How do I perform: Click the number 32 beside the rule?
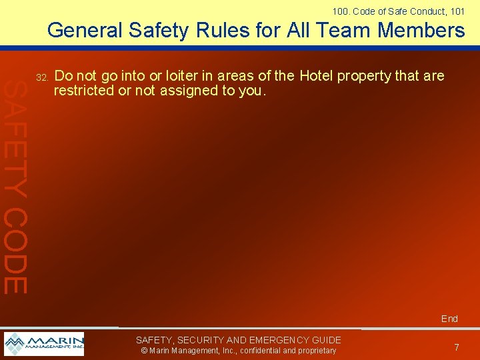point(42,78)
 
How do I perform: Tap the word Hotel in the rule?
point(317,76)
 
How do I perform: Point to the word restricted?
point(83,90)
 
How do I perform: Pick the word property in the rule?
point(365,77)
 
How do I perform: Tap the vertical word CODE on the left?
point(15,250)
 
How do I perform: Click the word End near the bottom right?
point(449,319)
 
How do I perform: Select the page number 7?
point(457,347)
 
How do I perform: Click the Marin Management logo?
point(44,344)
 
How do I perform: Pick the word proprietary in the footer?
point(313,351)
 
